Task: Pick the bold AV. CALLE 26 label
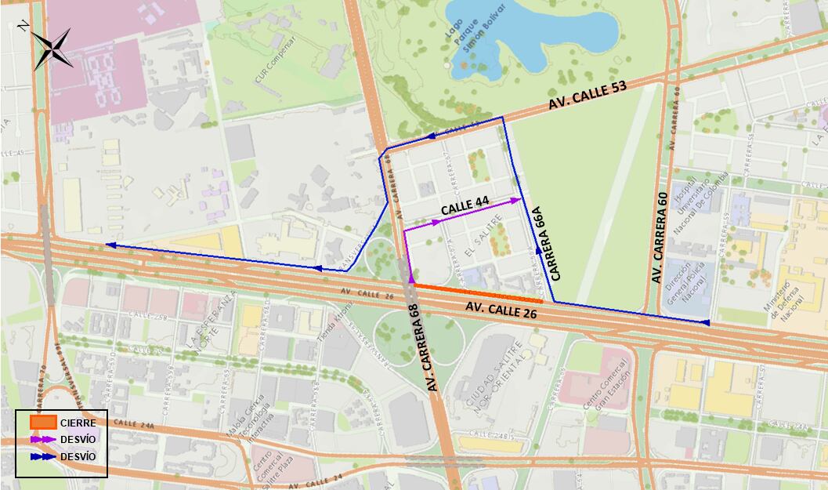tap(502, 307)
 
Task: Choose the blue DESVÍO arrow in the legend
tap(44, 456)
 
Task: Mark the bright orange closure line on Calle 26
tap(478, 293)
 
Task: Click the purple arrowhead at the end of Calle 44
tap(515, 200)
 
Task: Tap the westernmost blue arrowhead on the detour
tap(110, 245)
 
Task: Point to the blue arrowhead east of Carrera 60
tap(704, 322)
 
